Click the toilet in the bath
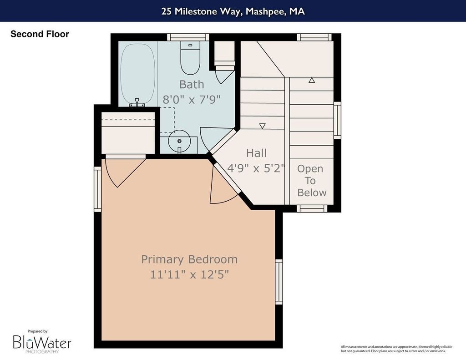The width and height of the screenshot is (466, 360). [x=190, y=58]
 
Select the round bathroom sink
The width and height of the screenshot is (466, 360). [x=179, y=141]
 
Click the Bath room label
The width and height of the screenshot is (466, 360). [x=192, y=85]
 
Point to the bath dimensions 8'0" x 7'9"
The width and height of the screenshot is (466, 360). [x=192, y=99]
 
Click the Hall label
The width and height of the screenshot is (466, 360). [x=256, y=153]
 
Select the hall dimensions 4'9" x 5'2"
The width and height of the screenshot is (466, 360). [x=256, y=168]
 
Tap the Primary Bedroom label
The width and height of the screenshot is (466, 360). [x=189, y=259]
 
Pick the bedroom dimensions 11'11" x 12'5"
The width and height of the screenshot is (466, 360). [x=189, y=274]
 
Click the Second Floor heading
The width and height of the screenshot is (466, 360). [x=40, y=34]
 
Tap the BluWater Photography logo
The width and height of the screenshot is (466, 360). [x=42, y=342]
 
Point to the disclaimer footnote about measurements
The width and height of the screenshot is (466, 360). [x=396, y=349]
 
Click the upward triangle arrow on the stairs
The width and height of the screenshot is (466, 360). [x=311, y=80]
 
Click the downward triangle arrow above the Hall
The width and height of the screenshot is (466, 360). [x=262, y=126]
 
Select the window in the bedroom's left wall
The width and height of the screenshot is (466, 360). [x=98, y=189]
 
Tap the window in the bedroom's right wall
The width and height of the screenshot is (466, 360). [x=279, y=282]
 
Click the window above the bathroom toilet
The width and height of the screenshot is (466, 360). [x=188, y=37]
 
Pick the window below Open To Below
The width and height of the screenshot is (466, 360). [x=312, y=208]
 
